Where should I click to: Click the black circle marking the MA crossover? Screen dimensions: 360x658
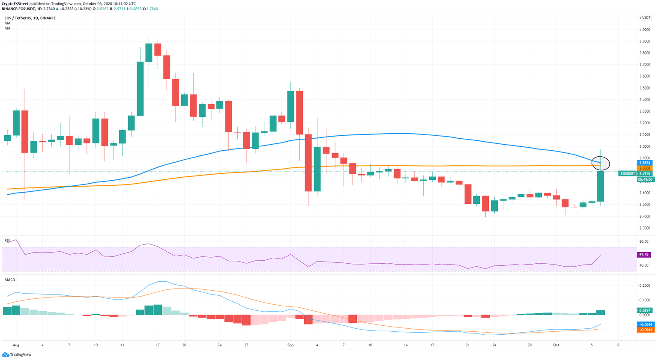(600, 163)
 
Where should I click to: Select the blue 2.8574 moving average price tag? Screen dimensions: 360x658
(644, 163)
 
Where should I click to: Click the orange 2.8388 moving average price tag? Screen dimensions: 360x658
(644, 168)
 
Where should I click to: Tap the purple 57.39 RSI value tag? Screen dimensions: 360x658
(643, 255)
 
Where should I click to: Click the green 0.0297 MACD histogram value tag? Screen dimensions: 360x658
(644, 310)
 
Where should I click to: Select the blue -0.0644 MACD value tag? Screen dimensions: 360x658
(644, 325)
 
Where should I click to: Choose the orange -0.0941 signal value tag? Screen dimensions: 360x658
(644, 330)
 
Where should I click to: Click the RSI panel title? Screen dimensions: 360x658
(7, 241)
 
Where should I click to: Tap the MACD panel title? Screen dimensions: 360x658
(10, 280)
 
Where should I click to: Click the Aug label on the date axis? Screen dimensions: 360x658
(16, 345)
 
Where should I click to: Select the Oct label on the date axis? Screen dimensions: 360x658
(556, 345)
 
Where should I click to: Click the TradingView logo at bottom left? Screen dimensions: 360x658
(17, 354)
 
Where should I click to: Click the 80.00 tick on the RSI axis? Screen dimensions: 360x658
(643, 241)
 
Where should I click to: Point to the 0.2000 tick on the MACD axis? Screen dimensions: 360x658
(644, 286)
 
